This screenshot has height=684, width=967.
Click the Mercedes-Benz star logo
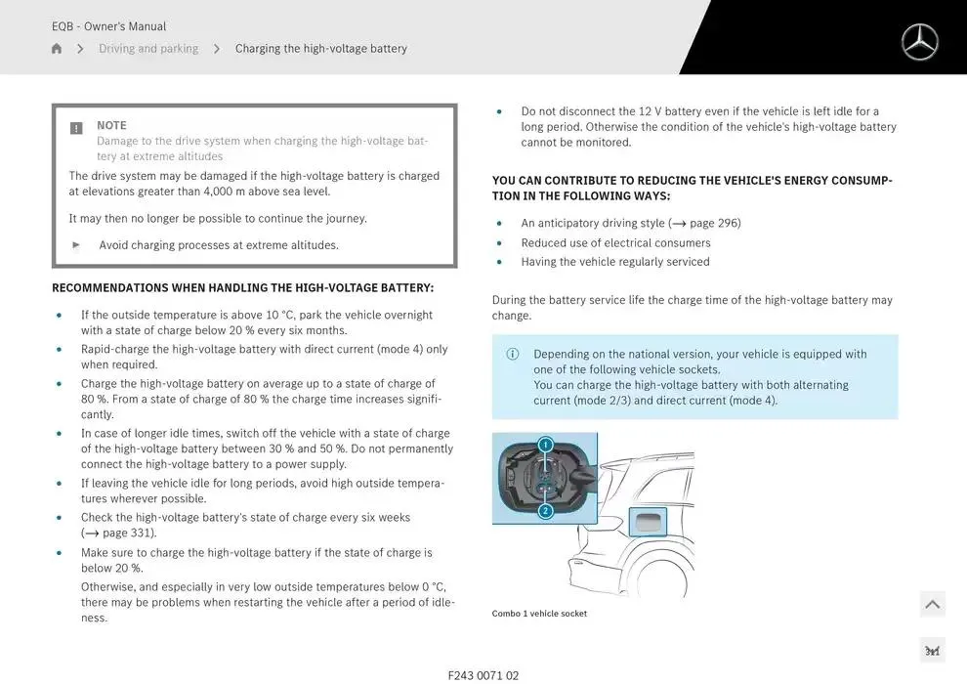919,42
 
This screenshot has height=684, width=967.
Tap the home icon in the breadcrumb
57,49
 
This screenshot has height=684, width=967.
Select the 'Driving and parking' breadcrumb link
147,49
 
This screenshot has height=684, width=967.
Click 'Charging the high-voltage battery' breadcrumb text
320,49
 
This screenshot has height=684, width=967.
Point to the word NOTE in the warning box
111,125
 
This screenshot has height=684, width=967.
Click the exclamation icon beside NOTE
77,128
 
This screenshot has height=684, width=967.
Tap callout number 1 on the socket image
545,445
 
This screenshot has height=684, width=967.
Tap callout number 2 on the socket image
545,511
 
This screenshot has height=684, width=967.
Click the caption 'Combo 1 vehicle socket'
539,614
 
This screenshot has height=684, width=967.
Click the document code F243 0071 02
483,675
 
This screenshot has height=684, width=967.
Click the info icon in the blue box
513,355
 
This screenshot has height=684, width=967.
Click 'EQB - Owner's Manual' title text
108,26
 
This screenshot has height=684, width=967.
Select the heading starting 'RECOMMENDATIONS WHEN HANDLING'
242,288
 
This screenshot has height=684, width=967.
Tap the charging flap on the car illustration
648,522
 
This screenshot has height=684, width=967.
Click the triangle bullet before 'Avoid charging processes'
77,245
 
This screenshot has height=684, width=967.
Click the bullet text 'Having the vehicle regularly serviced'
614,262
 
